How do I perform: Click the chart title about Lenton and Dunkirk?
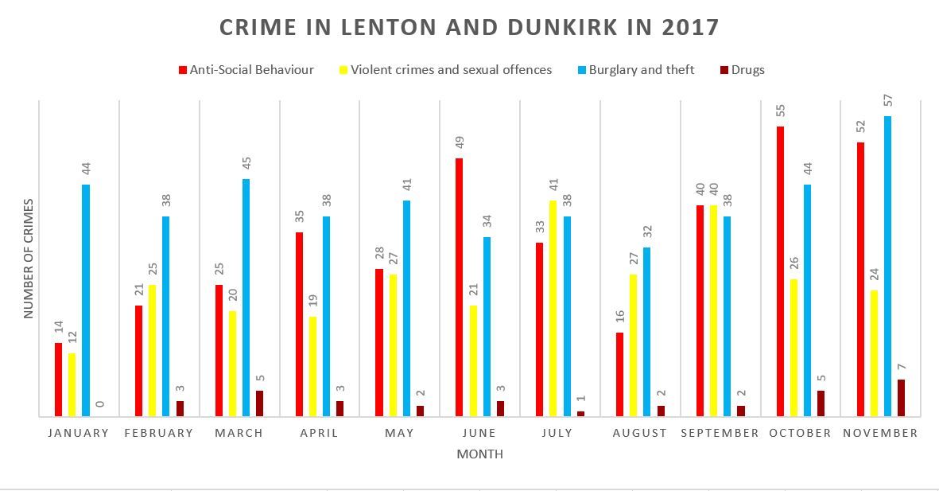(469, 28)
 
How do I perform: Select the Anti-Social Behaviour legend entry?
(246, 70)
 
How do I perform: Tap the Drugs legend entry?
(742, 70)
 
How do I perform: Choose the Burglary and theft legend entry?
(636, 70)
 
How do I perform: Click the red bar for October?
(780, 271)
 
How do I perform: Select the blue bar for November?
(887, 266)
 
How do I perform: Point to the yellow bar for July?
(553, 308)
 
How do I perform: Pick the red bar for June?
(460, 287)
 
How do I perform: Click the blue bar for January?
(86, 300)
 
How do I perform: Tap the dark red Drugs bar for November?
(901, 397)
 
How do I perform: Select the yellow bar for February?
(152, 350)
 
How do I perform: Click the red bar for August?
(620, 374)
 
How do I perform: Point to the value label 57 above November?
(887, 100)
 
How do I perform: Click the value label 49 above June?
(460, 142)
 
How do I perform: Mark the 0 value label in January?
(99, 404)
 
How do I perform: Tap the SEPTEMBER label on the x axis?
(720, 433)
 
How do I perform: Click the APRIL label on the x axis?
(319, 433)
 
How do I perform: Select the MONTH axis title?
(479, 454)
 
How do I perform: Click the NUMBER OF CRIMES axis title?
(28, 259)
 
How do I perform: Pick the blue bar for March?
(246, 298)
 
